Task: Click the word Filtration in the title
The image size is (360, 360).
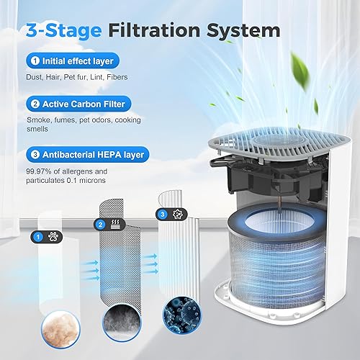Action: (x=156, y=30)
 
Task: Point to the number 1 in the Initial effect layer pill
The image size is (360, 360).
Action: (x=34, y=63)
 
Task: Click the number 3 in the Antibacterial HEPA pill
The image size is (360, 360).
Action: (x=34, y=153)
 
